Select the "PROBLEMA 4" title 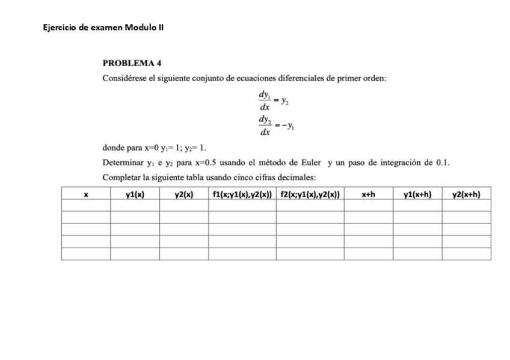132,63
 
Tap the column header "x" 86,194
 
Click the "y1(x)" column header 135,194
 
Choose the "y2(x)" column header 184,194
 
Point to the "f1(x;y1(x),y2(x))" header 242,194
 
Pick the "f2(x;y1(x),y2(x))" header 310,194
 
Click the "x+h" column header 369,194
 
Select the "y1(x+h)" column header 417,194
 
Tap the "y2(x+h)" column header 466,194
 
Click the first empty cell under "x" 86,206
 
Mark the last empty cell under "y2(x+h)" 466,254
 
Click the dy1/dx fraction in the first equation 263,100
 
